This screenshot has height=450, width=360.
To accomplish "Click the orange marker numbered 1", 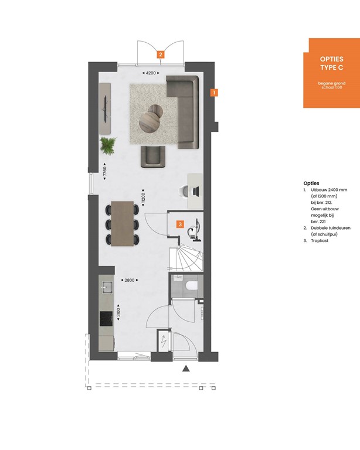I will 215,93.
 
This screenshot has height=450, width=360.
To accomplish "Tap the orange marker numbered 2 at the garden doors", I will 160,54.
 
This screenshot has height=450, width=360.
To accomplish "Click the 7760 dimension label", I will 104,173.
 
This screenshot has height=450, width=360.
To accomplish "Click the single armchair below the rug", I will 152,156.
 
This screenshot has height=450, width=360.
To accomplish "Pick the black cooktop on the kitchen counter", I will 107,318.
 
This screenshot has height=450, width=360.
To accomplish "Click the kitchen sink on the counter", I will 107,287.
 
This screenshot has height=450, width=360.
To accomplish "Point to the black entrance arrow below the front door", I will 186,369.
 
